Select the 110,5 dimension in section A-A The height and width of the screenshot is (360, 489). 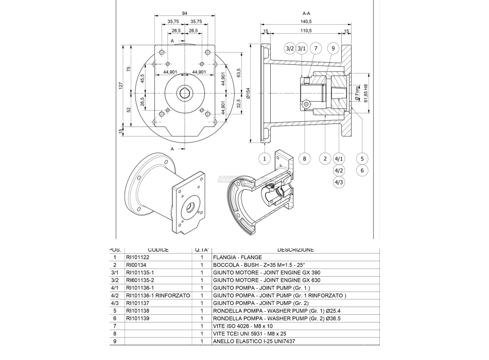[x=306, y=31]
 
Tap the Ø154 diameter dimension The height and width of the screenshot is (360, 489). [x=248, y=93]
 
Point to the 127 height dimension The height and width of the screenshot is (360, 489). [x=120, y=86]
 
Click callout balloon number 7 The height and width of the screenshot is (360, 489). [x=316, y=48]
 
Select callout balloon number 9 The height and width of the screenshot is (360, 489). [x=333, y=48]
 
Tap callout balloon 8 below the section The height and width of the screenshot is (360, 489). [x=304, y=158]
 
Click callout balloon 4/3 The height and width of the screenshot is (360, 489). [x=339, y=182]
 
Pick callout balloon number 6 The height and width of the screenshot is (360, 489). [x=362, y=170]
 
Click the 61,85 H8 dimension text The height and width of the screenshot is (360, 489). [x=366, y=93]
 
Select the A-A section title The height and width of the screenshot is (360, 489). [x=307, y=13]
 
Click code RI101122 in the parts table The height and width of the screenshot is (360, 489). [x=137, y=257]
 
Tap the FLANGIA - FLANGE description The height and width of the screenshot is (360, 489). [x=237, y=257]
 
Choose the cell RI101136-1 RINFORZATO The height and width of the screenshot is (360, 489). [x=158, y=296]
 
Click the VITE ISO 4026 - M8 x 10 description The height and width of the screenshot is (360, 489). [x=244, y=326]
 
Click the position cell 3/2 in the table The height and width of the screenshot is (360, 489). [x=115, y=280]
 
